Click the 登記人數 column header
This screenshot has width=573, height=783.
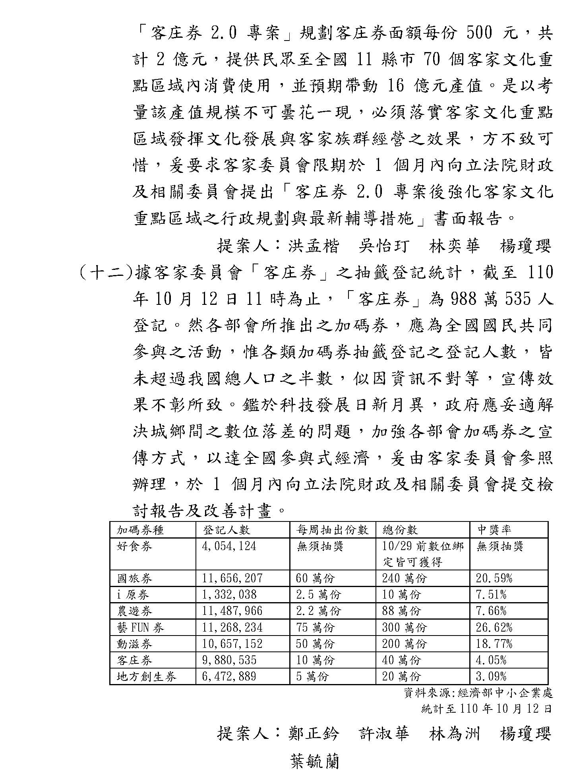[226, 530]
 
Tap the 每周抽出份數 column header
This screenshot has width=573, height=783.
[332, 530]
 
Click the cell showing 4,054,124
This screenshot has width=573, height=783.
[229, 546]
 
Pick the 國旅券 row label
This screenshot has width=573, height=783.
[134, 578]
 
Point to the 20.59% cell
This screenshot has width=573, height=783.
[494, 578]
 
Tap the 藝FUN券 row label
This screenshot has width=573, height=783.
[140, 628]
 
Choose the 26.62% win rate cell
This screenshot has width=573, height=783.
[494, 628]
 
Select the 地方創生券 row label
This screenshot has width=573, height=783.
[146, 676]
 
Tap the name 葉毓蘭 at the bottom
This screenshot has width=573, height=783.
[315, 761]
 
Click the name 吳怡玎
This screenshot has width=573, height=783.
[383, 246]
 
